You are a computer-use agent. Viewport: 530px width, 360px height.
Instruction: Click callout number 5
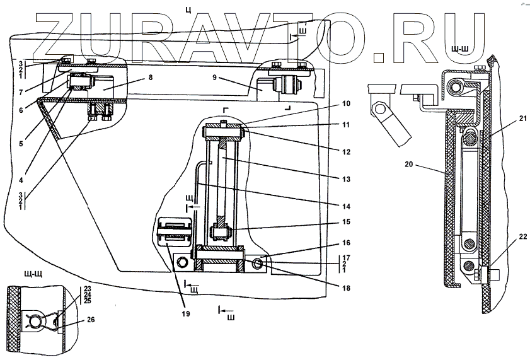(22, 144)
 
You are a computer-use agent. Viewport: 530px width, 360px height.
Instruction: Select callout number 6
(22, 110)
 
